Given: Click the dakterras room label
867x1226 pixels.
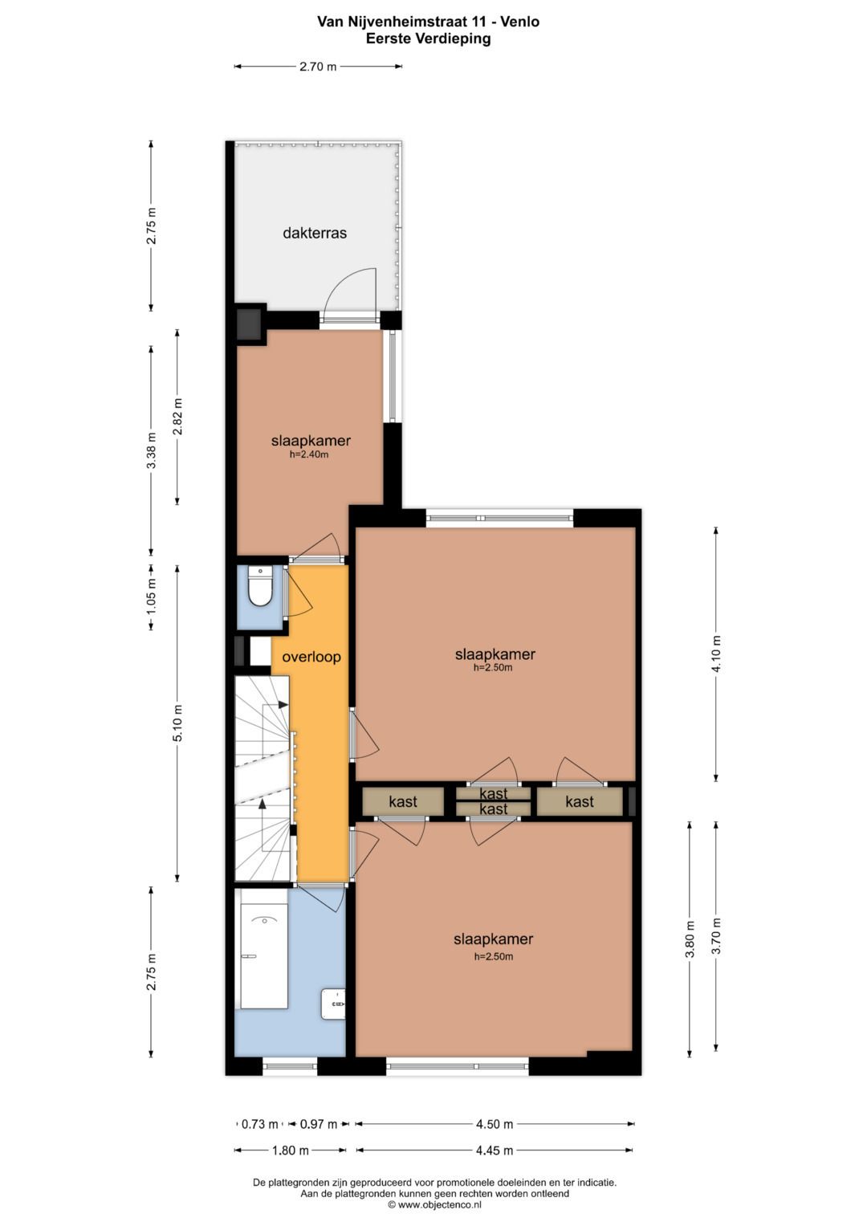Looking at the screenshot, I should pyautogui.click(x=315, y=234).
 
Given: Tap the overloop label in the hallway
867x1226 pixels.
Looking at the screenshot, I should pyautogui.click(x=311, y=657).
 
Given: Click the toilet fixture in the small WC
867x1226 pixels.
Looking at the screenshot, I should pyautogui.click(x=259, y=587).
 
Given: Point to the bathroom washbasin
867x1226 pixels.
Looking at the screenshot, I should pyautogui.click(x=334, y=1004).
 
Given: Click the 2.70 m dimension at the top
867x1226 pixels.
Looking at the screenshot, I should pyautogui.click(x=318, y=67).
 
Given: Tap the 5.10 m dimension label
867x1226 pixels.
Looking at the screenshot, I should pyautogui.click(x=178, y=723).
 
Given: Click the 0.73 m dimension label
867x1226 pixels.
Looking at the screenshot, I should pyautogui.click(x=260, y=1124).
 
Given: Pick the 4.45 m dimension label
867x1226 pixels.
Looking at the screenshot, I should pyautogui.click(x=494, y=1151).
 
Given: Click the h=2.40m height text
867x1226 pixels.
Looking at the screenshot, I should pyautogui.click(x=309, y=454).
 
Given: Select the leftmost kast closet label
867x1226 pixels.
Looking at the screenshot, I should pyautogui.click(x=403, y=801).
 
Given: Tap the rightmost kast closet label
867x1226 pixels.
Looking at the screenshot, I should pyautogui.click(x=580, y=801).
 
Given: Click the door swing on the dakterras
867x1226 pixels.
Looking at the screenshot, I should pyautogui.click(x=352, y=292).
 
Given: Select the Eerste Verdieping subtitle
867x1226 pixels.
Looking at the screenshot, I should pyautogui.click(x=428, y=39).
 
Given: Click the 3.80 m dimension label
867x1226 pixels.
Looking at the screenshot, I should pyautogui.click(x=690, y=939).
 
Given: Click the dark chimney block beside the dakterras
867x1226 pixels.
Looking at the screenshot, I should pyautogui.click(x=250, y=324).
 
